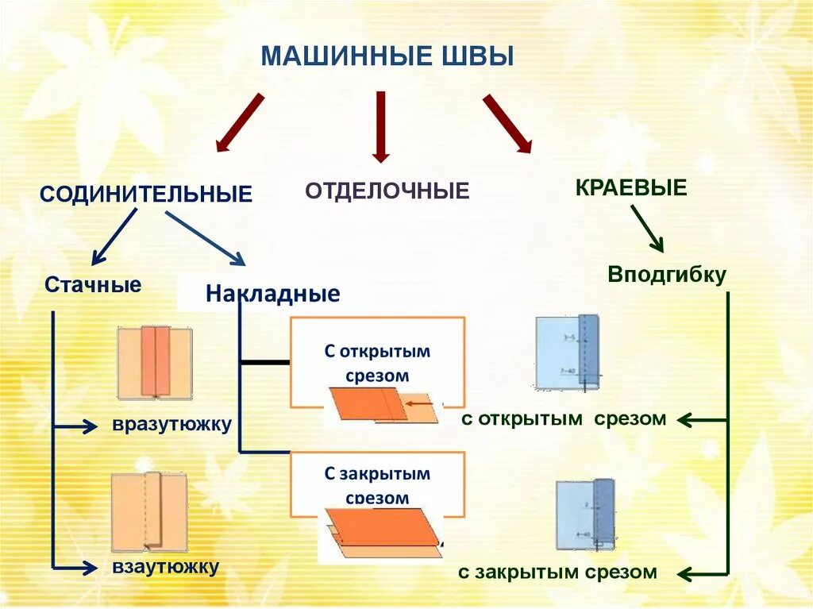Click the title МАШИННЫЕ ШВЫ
pos(387,57)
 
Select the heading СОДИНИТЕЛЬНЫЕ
pos(146,194)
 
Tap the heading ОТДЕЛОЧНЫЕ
pos(387,191)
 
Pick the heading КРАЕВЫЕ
pos(630,188)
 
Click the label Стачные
pos(93,285)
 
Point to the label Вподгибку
pos(667,275)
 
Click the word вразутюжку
pos(171,424)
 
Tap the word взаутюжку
pos(165,567)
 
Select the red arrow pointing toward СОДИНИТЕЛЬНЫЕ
pos(240,122)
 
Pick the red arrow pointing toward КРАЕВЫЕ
pos(507,122)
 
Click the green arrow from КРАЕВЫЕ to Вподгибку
pos(647,228)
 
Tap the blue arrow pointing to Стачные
pos(114,236)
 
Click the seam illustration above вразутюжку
pos(155,363)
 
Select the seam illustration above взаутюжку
pos(149,512)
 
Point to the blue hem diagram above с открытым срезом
pos(567,352)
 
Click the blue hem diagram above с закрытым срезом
pos(585,515)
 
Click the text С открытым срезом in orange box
pos(377,363)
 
